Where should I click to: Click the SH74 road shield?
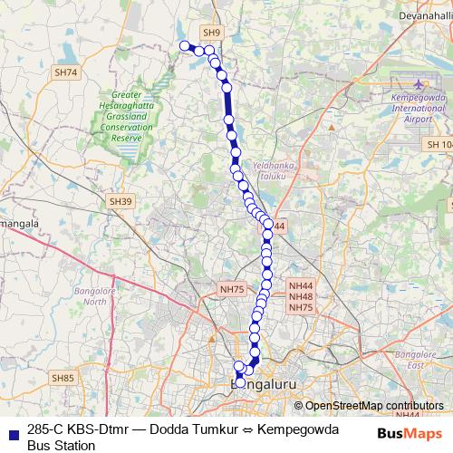click(66, 72)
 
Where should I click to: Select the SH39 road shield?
click(119, 200)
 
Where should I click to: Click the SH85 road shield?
click(62, 377)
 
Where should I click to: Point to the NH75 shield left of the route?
click(232, 288)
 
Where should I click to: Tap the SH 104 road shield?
click(439, 145)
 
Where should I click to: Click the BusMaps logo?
click(410, 434)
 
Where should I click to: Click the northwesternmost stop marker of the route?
click(185, 45)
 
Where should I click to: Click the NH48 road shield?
click(301, 296)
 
